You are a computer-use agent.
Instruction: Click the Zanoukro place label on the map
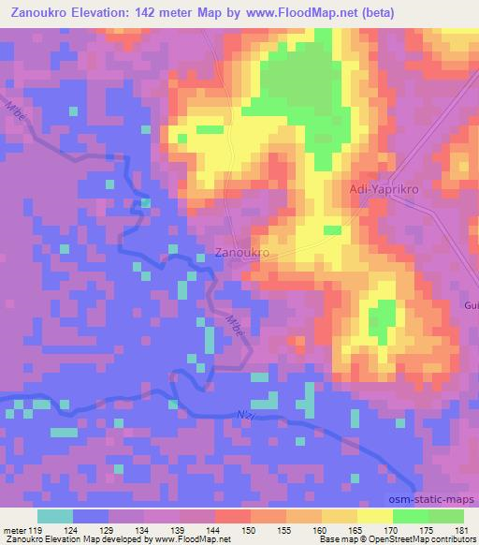(x=242, y=253)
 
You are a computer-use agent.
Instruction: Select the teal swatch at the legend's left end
(x=54, y=516)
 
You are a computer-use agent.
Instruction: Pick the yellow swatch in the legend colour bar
(x=374, y=516)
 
